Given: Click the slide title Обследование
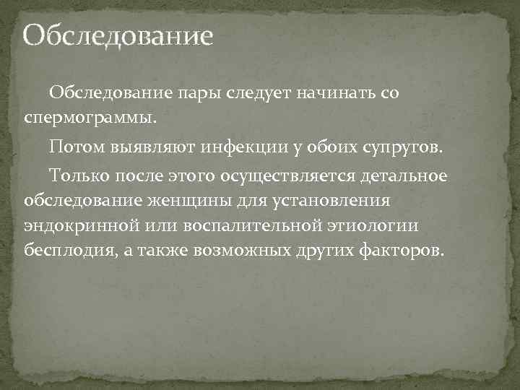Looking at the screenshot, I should tap(118, 35).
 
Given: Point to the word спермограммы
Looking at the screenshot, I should tap(90, 116).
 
